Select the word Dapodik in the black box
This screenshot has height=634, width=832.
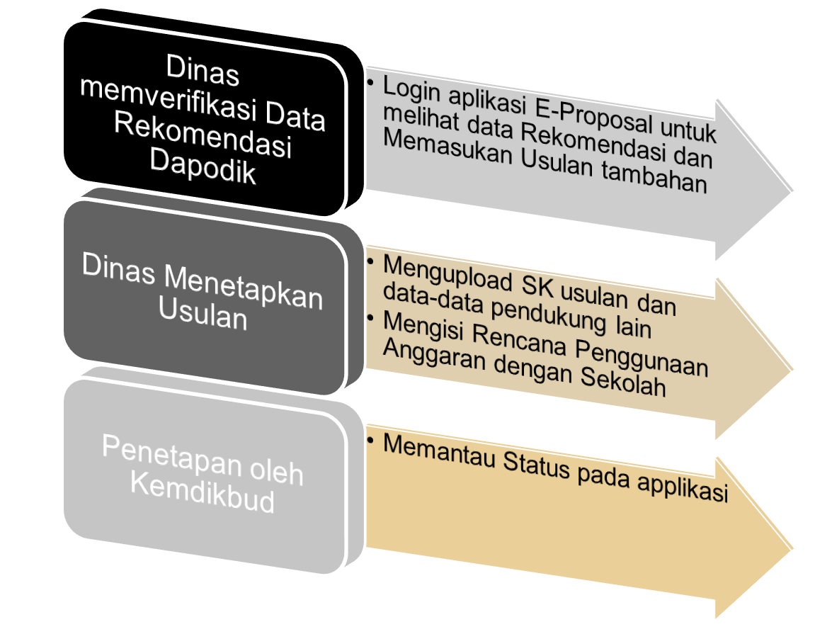(203, 169)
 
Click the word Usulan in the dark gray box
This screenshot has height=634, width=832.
(203, 315)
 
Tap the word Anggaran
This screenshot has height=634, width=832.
(433, 356)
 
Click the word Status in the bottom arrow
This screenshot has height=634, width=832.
(533, 467)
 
